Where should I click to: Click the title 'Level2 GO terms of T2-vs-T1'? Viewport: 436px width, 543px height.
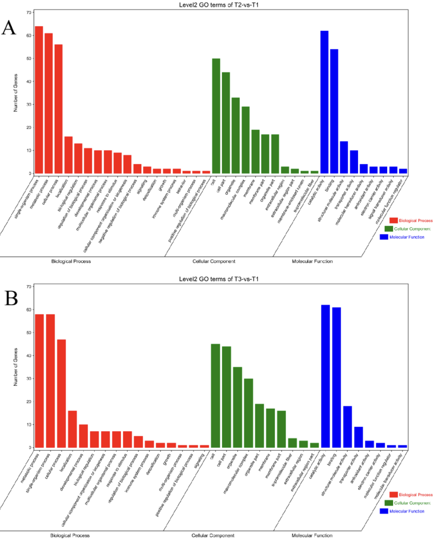point(220,5)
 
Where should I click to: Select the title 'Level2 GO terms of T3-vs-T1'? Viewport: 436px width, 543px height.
point(220,279)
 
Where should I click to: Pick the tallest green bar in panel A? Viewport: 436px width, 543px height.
point(216,116)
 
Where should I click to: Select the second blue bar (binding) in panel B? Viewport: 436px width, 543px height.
point(336,378)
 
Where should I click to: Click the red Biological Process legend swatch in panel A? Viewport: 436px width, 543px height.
point(393,221)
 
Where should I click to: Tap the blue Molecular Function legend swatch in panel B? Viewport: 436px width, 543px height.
point(384,511)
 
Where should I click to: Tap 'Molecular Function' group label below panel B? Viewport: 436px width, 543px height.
point(312,535)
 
